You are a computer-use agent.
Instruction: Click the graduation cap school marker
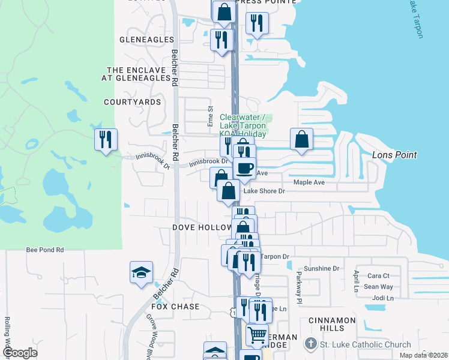(x=142, y=272)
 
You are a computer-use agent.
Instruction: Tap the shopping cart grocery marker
(x=258, y=335)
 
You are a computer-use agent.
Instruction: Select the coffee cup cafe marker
(x=244, y=168)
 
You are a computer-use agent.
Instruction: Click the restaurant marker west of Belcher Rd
(x=106, y=140)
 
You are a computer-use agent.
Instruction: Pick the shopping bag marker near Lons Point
(x=301, y=139)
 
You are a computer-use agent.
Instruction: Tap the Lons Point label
(x=394, y=155)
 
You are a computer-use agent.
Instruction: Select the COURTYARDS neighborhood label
(x=132, y=102)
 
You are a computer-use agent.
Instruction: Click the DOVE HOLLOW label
(x=202, y=228)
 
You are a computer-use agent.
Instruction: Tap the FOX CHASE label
(x=175, y=307)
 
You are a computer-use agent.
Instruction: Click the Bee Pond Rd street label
(x=45, y=250)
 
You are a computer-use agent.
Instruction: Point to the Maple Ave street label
(x=309, y=182)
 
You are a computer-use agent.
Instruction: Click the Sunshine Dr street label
(x=322, y=269)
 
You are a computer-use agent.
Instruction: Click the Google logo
(x=19, y=353)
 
